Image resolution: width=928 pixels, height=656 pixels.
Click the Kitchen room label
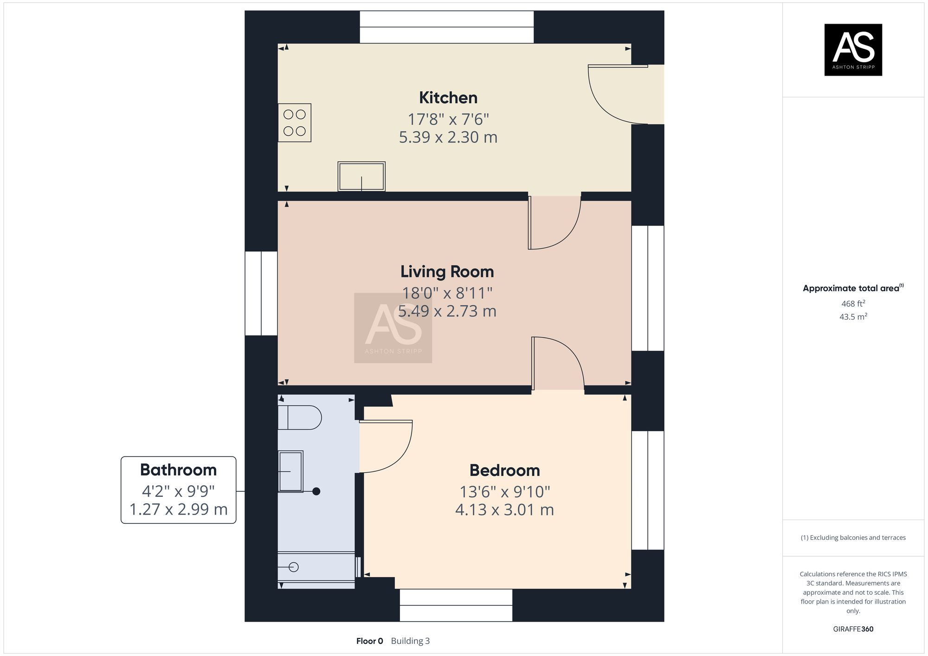point(448,98)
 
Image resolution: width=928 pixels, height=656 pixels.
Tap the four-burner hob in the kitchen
point(295,123)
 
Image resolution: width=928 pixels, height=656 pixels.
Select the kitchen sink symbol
point(361,176)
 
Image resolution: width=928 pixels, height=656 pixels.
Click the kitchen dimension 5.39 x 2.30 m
point(448,137)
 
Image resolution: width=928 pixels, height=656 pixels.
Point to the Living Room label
point(447,272)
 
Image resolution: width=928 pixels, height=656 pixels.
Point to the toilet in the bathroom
point(299,418)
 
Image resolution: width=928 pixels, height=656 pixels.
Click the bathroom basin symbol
point(291,471)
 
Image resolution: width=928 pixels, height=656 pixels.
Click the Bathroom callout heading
point(178,470)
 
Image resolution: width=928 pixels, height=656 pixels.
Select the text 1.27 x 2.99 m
point(178,509)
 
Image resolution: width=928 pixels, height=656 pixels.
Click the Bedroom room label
point(504,470)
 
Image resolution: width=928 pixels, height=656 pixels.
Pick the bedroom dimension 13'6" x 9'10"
point(504,492)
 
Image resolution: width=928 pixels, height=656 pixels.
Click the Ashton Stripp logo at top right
point(853,50)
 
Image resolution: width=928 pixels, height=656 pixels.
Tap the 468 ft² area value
point(853,304)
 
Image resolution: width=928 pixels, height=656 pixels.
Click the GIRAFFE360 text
point(853,629)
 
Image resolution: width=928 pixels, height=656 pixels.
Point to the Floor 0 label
point(369,641)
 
